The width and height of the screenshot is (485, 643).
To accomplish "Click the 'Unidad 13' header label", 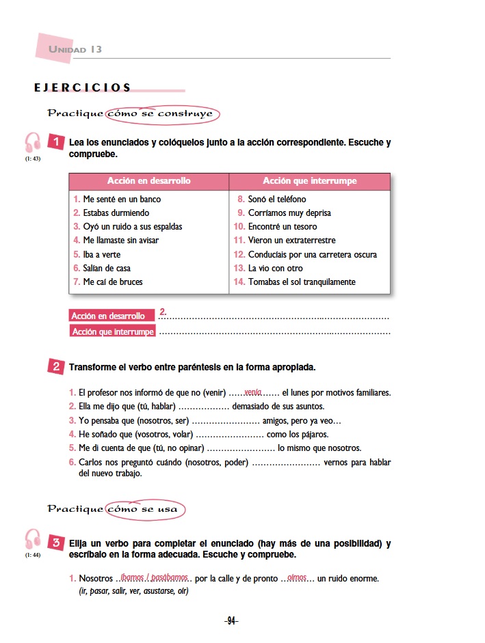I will coord(75,50).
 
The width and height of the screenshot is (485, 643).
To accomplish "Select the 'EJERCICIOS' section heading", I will coord(82,87).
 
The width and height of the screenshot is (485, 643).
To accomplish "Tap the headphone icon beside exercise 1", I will coord(33,143).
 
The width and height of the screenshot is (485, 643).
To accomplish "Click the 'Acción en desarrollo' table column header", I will coord(148,181).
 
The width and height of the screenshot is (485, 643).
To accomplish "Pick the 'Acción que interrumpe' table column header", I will coord(309,181).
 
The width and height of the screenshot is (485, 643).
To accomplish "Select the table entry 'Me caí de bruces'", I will coord(114,282).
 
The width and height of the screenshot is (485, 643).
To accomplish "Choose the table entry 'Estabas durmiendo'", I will coord(116,213).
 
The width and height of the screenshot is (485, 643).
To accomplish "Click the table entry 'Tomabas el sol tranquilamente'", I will coord(301,282).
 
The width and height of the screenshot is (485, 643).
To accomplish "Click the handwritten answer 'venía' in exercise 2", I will coord(253,392).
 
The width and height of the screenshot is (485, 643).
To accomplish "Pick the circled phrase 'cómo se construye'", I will coord(163,113).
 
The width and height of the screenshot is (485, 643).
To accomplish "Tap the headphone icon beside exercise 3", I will coord(33,538).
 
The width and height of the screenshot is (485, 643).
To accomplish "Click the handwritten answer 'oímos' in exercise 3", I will coord(297,578).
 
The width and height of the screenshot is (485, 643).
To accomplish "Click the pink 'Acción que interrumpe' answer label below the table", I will coord(113,332).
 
